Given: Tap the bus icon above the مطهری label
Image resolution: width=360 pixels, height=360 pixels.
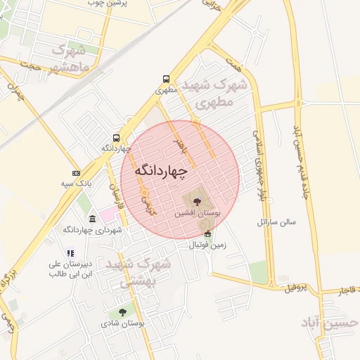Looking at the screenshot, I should pos(166,79).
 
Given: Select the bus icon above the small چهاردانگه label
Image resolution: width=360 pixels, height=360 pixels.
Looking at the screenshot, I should pos(115,138).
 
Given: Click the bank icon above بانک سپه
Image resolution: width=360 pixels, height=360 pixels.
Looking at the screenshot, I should pos(76,173).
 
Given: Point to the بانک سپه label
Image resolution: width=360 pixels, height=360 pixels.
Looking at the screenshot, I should pos(77,184).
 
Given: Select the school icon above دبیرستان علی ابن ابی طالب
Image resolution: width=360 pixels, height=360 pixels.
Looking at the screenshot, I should pos(70,253).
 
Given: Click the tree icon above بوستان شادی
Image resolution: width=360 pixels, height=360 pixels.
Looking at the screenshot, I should pos(122,312).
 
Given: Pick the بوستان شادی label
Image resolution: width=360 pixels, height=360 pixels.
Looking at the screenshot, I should pos(122,323).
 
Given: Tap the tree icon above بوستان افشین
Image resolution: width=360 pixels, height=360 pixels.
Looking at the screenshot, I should pos(196,201).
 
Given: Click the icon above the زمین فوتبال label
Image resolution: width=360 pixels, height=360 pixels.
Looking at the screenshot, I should pos(207,234).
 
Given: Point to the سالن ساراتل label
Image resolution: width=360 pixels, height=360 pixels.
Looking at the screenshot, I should pos(278,222).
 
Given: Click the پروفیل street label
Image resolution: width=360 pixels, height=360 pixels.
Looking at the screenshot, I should pos(295,288).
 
